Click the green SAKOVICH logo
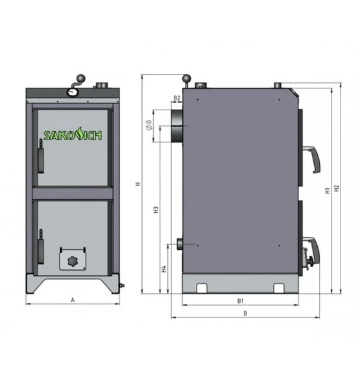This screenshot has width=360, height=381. [x=73, y=136]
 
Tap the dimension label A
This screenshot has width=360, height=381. [x=73, y=300]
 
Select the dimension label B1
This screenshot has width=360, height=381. [x=240, y=301]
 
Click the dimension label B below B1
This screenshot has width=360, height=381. [x=245, y=313]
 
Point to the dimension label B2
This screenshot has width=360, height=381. [x=177, y=98]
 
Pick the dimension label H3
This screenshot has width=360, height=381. [x=156, y=210]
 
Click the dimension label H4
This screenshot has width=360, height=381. [x=164, y=269]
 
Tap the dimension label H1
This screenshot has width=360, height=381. [x=328, y=191]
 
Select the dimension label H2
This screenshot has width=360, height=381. [x=337, y=188]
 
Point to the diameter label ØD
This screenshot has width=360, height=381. [x=150, y=125]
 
